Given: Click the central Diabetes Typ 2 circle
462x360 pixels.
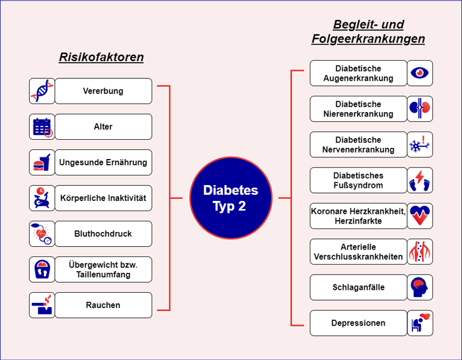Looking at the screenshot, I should click(x=230, y=198).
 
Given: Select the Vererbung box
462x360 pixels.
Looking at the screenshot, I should click(x=103, y=91).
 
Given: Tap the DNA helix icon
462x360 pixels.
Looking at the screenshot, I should click(x=42, y=91).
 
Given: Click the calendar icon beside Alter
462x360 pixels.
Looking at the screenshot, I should click(x=42, y=127).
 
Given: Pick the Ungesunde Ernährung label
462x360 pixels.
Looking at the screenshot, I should click(x=103, y=162).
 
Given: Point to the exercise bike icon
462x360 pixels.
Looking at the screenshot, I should click(x=42, y=198).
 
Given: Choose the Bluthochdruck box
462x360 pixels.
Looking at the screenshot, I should click(x=103, y=234).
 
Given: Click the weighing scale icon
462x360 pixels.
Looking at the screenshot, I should click(x=42, y=269).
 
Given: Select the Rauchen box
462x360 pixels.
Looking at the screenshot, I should click(x=103, y=305).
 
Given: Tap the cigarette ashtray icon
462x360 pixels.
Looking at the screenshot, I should click(x=42, y=305).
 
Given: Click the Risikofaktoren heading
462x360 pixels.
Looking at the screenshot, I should click(x=101, y=57).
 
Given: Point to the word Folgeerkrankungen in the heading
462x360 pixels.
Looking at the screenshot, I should click(x=368, y=39).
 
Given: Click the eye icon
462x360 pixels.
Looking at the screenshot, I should click(x=420, y=73).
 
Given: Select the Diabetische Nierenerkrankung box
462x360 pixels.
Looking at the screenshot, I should click(x=358, y=109).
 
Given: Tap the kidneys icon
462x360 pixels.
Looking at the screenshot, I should click(x=420, y=109).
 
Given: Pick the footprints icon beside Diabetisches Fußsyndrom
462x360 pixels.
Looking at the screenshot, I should click(x=420, y=180).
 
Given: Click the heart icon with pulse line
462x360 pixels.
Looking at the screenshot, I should click(x=420, y=216).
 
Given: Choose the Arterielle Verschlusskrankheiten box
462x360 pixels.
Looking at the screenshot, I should click(x=358, y=251).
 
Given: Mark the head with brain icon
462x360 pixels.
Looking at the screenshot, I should click(x=420, y=287).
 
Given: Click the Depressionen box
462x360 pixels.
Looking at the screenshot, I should click(x=358, y=323).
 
